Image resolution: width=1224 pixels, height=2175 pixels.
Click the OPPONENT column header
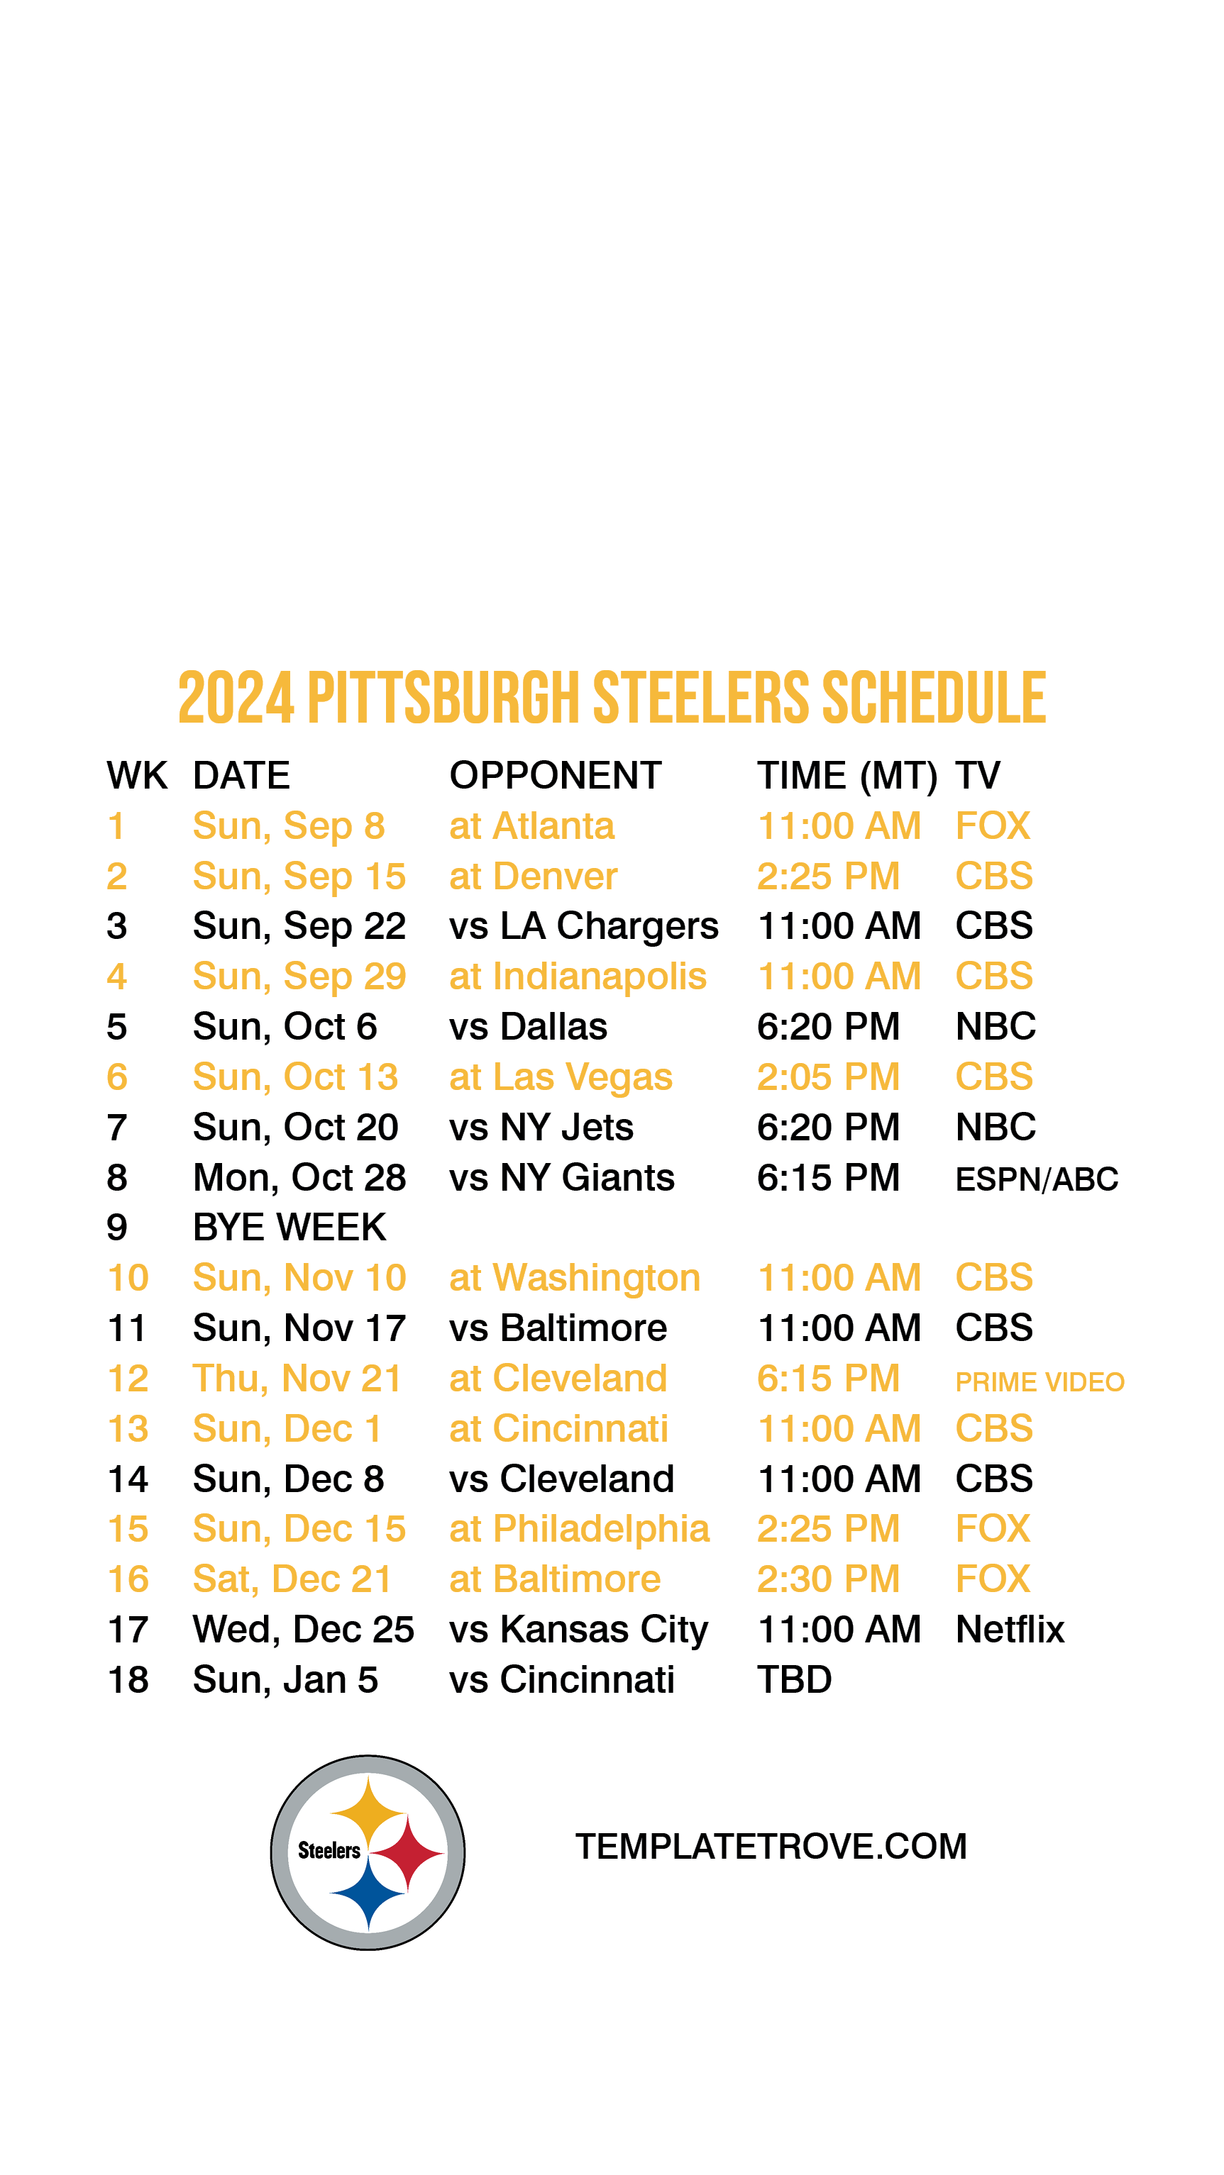[x=555, y=775]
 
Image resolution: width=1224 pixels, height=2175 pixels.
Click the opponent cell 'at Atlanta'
[x=531, y=825]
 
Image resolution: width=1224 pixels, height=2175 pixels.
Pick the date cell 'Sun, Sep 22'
[x=299, y=927]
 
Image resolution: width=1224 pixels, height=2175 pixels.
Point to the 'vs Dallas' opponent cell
[x=528, y=1027]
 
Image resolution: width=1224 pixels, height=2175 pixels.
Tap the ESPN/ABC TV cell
[x=1037, y=1179]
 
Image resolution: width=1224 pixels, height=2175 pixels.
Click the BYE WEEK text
[x=289, y=1228]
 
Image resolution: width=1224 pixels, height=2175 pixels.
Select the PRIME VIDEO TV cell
[x=1040, y=1381]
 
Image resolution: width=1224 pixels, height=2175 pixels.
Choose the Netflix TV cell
[x=1010, y=1630]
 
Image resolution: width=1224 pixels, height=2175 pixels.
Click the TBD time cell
[x=794, y=1680]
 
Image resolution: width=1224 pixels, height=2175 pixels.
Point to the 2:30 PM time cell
[x=828, y=1579]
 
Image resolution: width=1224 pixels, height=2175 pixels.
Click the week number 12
[x=128, y=1379]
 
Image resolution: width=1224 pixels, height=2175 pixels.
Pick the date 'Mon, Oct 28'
[x=299, y=1179]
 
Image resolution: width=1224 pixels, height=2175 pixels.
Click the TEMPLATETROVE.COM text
[x=771, y=1847]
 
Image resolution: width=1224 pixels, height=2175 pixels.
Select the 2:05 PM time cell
[x=828, y=1077]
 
